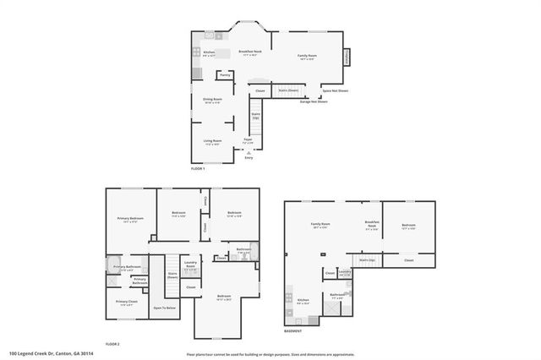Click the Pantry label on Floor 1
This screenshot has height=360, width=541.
[x=225, y=75]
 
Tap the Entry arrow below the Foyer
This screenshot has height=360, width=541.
[x=249, y=152]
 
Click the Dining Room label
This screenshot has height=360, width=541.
[x=212, y=101]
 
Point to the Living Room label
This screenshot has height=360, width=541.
[x=212, y=142]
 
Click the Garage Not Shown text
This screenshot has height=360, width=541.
[x=314, y=101]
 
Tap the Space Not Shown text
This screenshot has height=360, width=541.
[x=336, y=90]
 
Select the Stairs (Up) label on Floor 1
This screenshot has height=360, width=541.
[x=255, y=115]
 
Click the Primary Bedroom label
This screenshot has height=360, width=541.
[x=130, y=220]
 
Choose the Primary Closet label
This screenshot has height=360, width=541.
[x=127, y=303]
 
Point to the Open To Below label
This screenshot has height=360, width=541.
[x=164, y=308]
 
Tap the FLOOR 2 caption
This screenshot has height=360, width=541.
[x=112, y=345]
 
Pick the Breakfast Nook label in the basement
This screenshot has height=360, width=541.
[x=371, y=226]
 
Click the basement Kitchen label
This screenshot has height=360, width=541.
[x=303, y=302]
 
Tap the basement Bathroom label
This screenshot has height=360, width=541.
[x=336, y=297]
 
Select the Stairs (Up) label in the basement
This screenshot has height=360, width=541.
[x=367, y=260]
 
